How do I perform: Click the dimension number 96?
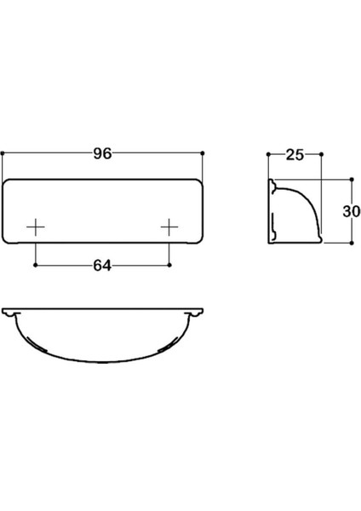[103, 155]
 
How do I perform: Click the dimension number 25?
[295, 155]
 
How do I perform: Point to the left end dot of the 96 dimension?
[3, 153]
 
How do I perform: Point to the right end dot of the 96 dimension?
[204, 153]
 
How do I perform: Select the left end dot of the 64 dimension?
[36, 264]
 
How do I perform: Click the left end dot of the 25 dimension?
[268, 154]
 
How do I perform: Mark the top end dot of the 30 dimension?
[349, 180]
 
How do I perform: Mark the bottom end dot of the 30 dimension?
[349, 243]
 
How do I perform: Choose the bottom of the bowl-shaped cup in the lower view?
[103, 363]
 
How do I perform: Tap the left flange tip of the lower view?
[3, 311]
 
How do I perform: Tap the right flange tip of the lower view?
[203, 311]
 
